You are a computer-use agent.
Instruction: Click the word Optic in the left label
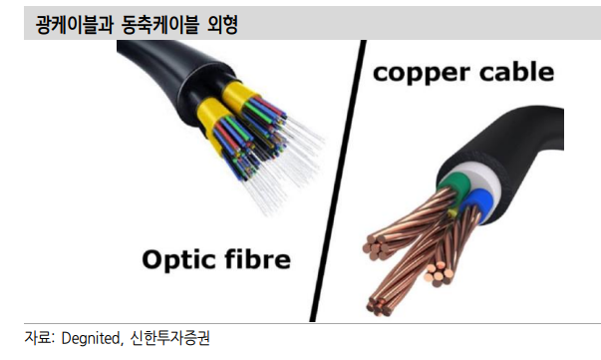pos(178,261)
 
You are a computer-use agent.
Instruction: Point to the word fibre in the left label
pos(255,261)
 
